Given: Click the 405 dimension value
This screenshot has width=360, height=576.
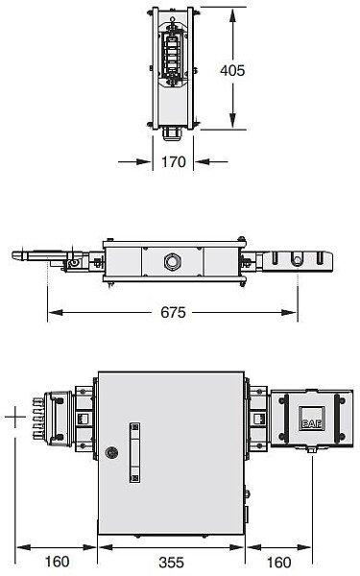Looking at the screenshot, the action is [x=232, y=70].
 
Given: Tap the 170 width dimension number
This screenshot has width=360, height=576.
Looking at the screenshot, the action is [x=174, y=161].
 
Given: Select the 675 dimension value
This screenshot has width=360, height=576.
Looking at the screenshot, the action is [x=173, y=313].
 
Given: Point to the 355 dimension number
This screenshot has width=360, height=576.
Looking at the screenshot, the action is [x=171, y=562].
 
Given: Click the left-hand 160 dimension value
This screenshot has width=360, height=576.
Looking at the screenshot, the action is [x=57, y=562].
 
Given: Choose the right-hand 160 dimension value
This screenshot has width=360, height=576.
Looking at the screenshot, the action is [x=278, y=562].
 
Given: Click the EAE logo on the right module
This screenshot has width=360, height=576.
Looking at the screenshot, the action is [x=311, y=424].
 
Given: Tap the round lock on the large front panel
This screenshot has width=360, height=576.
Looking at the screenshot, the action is [x=111, y=452].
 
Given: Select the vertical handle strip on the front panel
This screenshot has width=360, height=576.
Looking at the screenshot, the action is [x=134, y=452].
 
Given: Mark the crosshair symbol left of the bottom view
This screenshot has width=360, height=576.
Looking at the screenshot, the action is [x=15, y=417].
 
